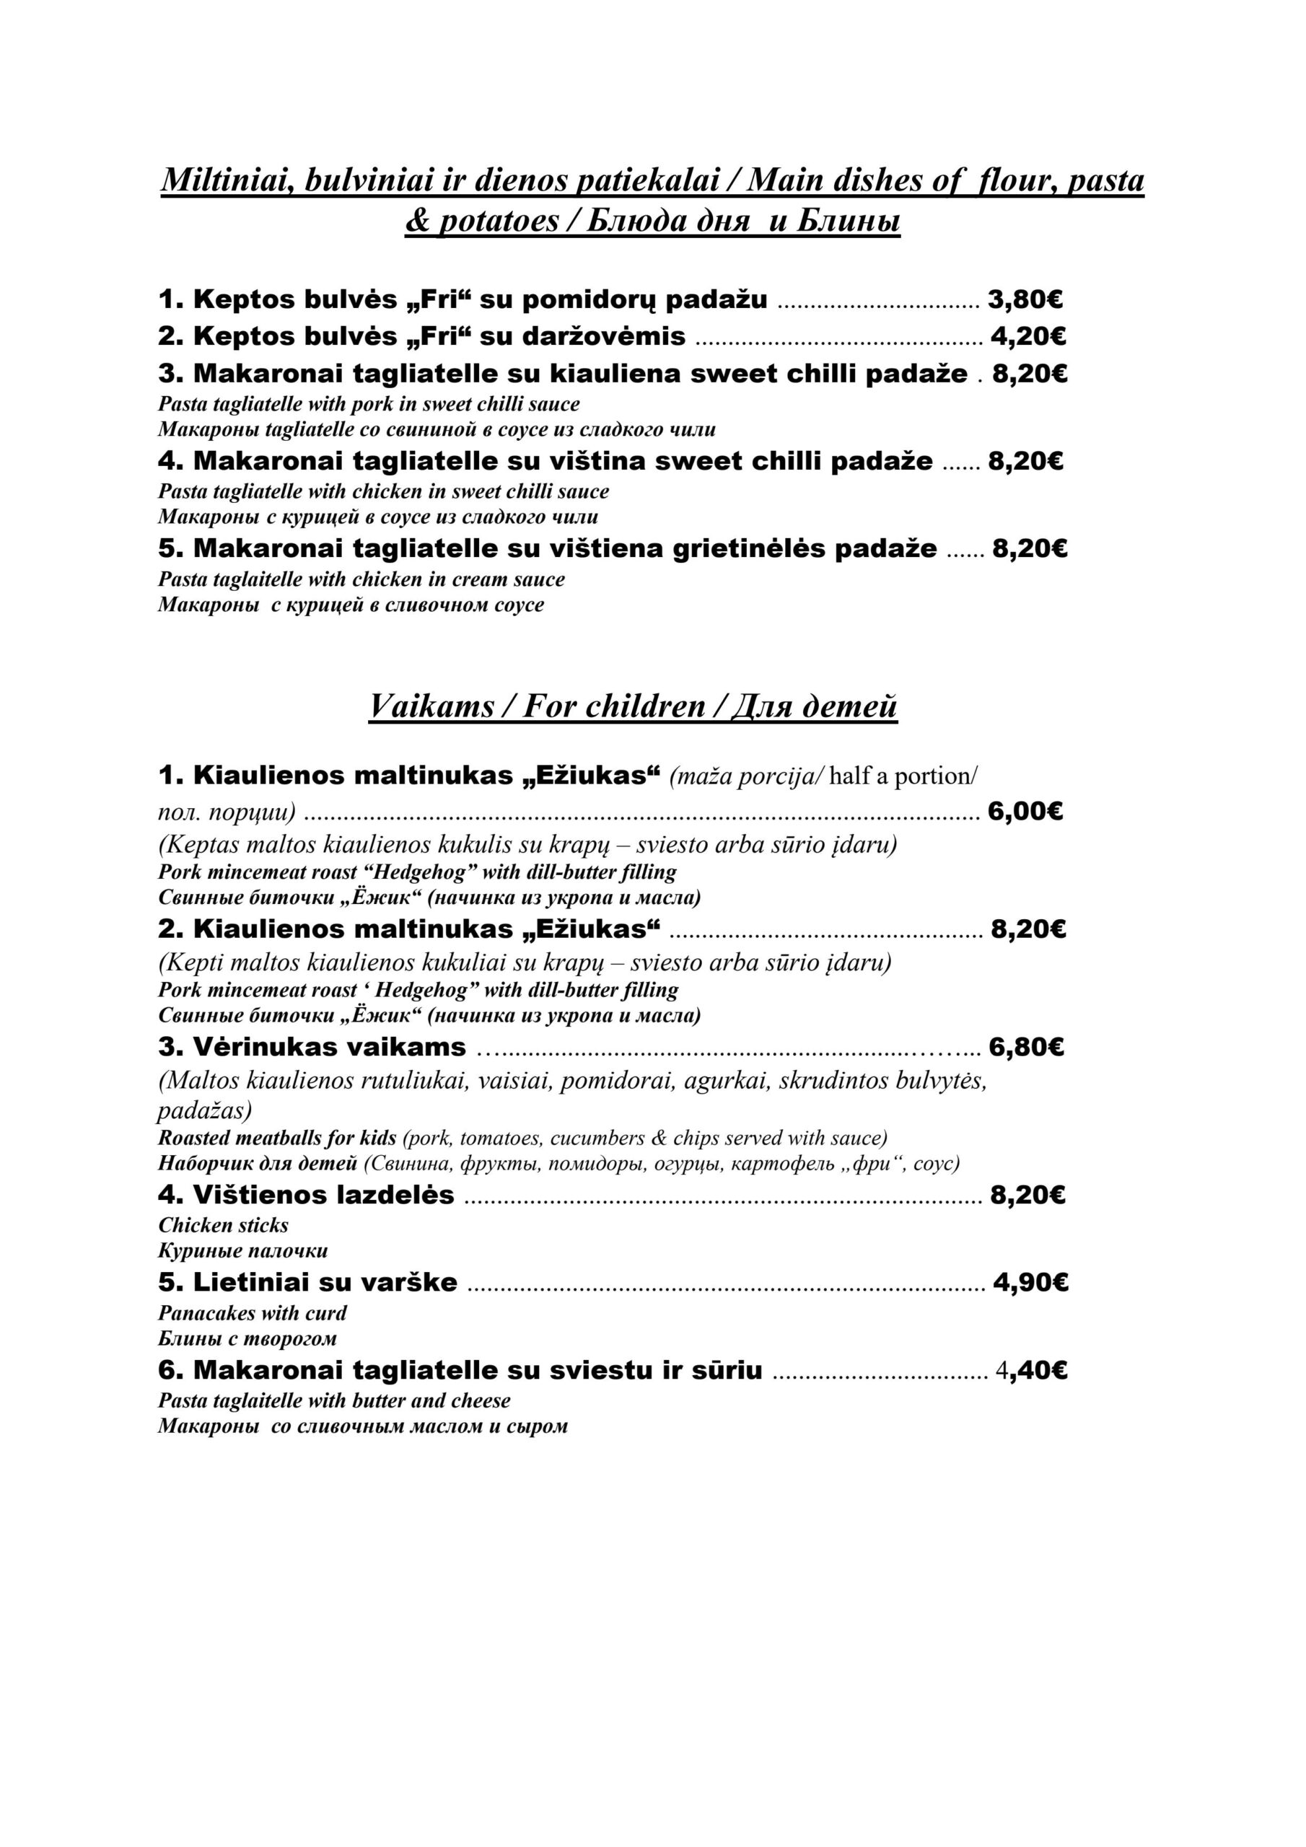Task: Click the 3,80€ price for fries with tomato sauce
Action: tap(1025, 300)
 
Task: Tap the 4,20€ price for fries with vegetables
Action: tap(1027, 336)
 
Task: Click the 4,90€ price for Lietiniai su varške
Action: tap(1030, 1282)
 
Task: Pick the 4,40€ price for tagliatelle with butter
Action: tap(1031, 1370)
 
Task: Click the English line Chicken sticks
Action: tap(223, 1225)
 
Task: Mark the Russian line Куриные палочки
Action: tap(242, 1251)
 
